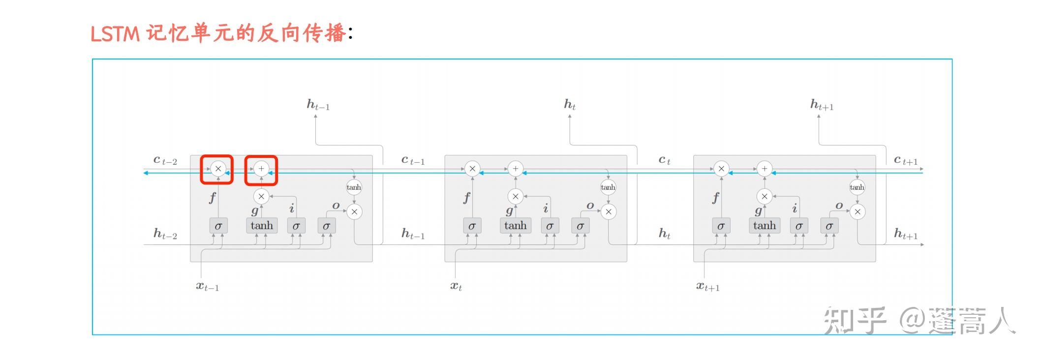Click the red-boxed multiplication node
218,169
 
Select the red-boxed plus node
261,169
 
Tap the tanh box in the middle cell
515,226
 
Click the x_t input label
456,286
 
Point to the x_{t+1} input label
707,286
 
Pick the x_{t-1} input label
208,286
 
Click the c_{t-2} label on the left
165,160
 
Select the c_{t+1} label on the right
906,160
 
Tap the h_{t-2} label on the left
165,234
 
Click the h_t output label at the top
570,104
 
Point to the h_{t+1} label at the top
822,105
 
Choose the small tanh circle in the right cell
857,187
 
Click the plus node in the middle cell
515,169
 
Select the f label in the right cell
715,198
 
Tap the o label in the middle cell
590,206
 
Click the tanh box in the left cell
262,226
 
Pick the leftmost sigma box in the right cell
721,226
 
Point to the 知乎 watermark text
855,320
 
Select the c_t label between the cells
664,160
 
